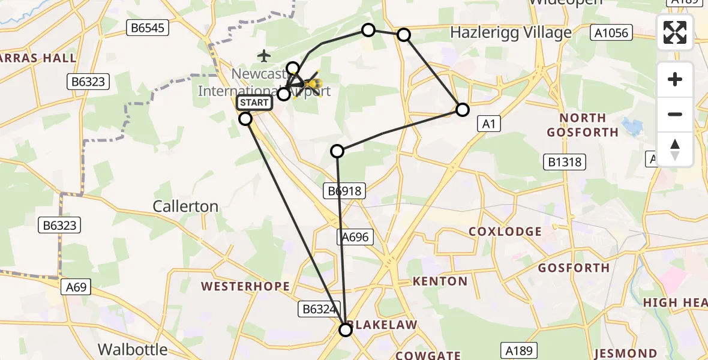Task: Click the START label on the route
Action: pyautogui.click(x=254, y=103)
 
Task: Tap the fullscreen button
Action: pyautogui.click(x=675, y=32)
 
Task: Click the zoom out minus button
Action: pyautogui.click(x=675, y=114)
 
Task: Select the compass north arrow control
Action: pyautogui.click(x=675, y=149)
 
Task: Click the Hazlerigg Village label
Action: pyautogui.click(x=511, y=32)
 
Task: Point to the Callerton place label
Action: pyautogui.click(x=185, y=206)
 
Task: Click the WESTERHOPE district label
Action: pyautogui.click(x=245, y=287)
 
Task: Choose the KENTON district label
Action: pyautogui.click(x=440, y=281)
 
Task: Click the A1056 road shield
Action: pyautogui.click(x=611, y=32)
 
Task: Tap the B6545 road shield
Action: pyautogui.click(x=148, y=27)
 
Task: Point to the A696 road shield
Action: pyautogui.click(x=355, y=238)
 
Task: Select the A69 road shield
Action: pyautogui.click(x=76, y=287)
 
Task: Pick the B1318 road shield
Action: pyautogui.click(x=565, y=161)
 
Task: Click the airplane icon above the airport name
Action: pyautogui.click(x=264, y=56)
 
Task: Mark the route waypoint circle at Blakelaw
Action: pyautogui.click(x=346, y=329)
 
